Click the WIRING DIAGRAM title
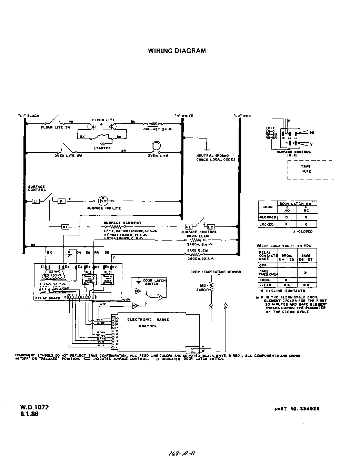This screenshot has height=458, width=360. pos(177,51)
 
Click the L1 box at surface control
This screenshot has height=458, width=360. pos(36,201)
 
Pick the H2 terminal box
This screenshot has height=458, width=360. pos(188,227)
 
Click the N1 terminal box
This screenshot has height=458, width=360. pos(65,227)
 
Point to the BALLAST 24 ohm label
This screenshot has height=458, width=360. pos(157,129)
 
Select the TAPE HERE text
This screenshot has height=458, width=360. pos(306,169)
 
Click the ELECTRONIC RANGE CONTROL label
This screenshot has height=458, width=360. pos(148,323)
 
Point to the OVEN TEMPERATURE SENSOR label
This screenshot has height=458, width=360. pos(216,272)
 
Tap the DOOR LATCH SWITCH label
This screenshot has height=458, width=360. pos(151,282)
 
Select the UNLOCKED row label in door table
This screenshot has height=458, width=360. pos(267,217)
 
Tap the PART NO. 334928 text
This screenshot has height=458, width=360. pos(297,409)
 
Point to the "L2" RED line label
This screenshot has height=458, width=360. pos(242,116)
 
